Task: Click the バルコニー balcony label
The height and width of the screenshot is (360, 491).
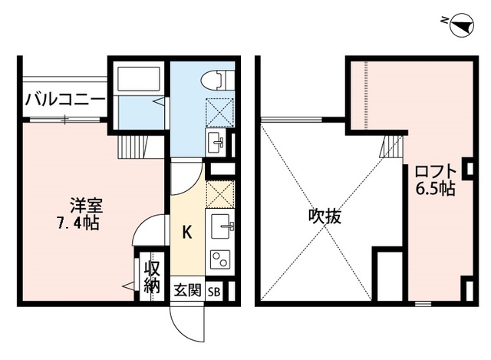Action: click(x=65, y=100)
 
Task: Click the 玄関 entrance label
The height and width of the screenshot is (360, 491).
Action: click(x=187, y=290)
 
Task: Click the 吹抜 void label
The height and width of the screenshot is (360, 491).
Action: click(x=325, y=216)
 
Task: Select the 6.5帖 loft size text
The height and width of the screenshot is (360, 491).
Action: click(x=436, y=189)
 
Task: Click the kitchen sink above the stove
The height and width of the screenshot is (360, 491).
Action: click(x=222, y=225)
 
